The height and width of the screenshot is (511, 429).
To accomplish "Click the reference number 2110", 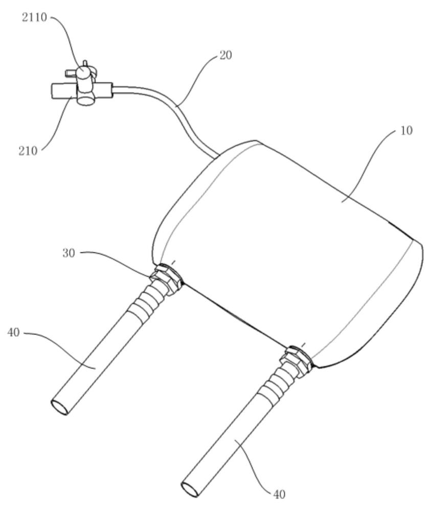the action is click(34, 17).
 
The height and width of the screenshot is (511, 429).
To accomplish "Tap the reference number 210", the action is click(28, 151).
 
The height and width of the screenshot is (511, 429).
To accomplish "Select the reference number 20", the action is click(225, 55).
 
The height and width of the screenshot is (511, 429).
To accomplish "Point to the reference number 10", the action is click(406, 131).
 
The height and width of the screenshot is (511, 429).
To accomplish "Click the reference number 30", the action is click(69, 253).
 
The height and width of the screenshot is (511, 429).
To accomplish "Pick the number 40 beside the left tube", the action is click(13, 333).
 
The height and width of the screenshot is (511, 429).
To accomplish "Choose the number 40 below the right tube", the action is click(279, 494).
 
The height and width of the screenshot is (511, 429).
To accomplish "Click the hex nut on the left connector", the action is click(167, 277).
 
